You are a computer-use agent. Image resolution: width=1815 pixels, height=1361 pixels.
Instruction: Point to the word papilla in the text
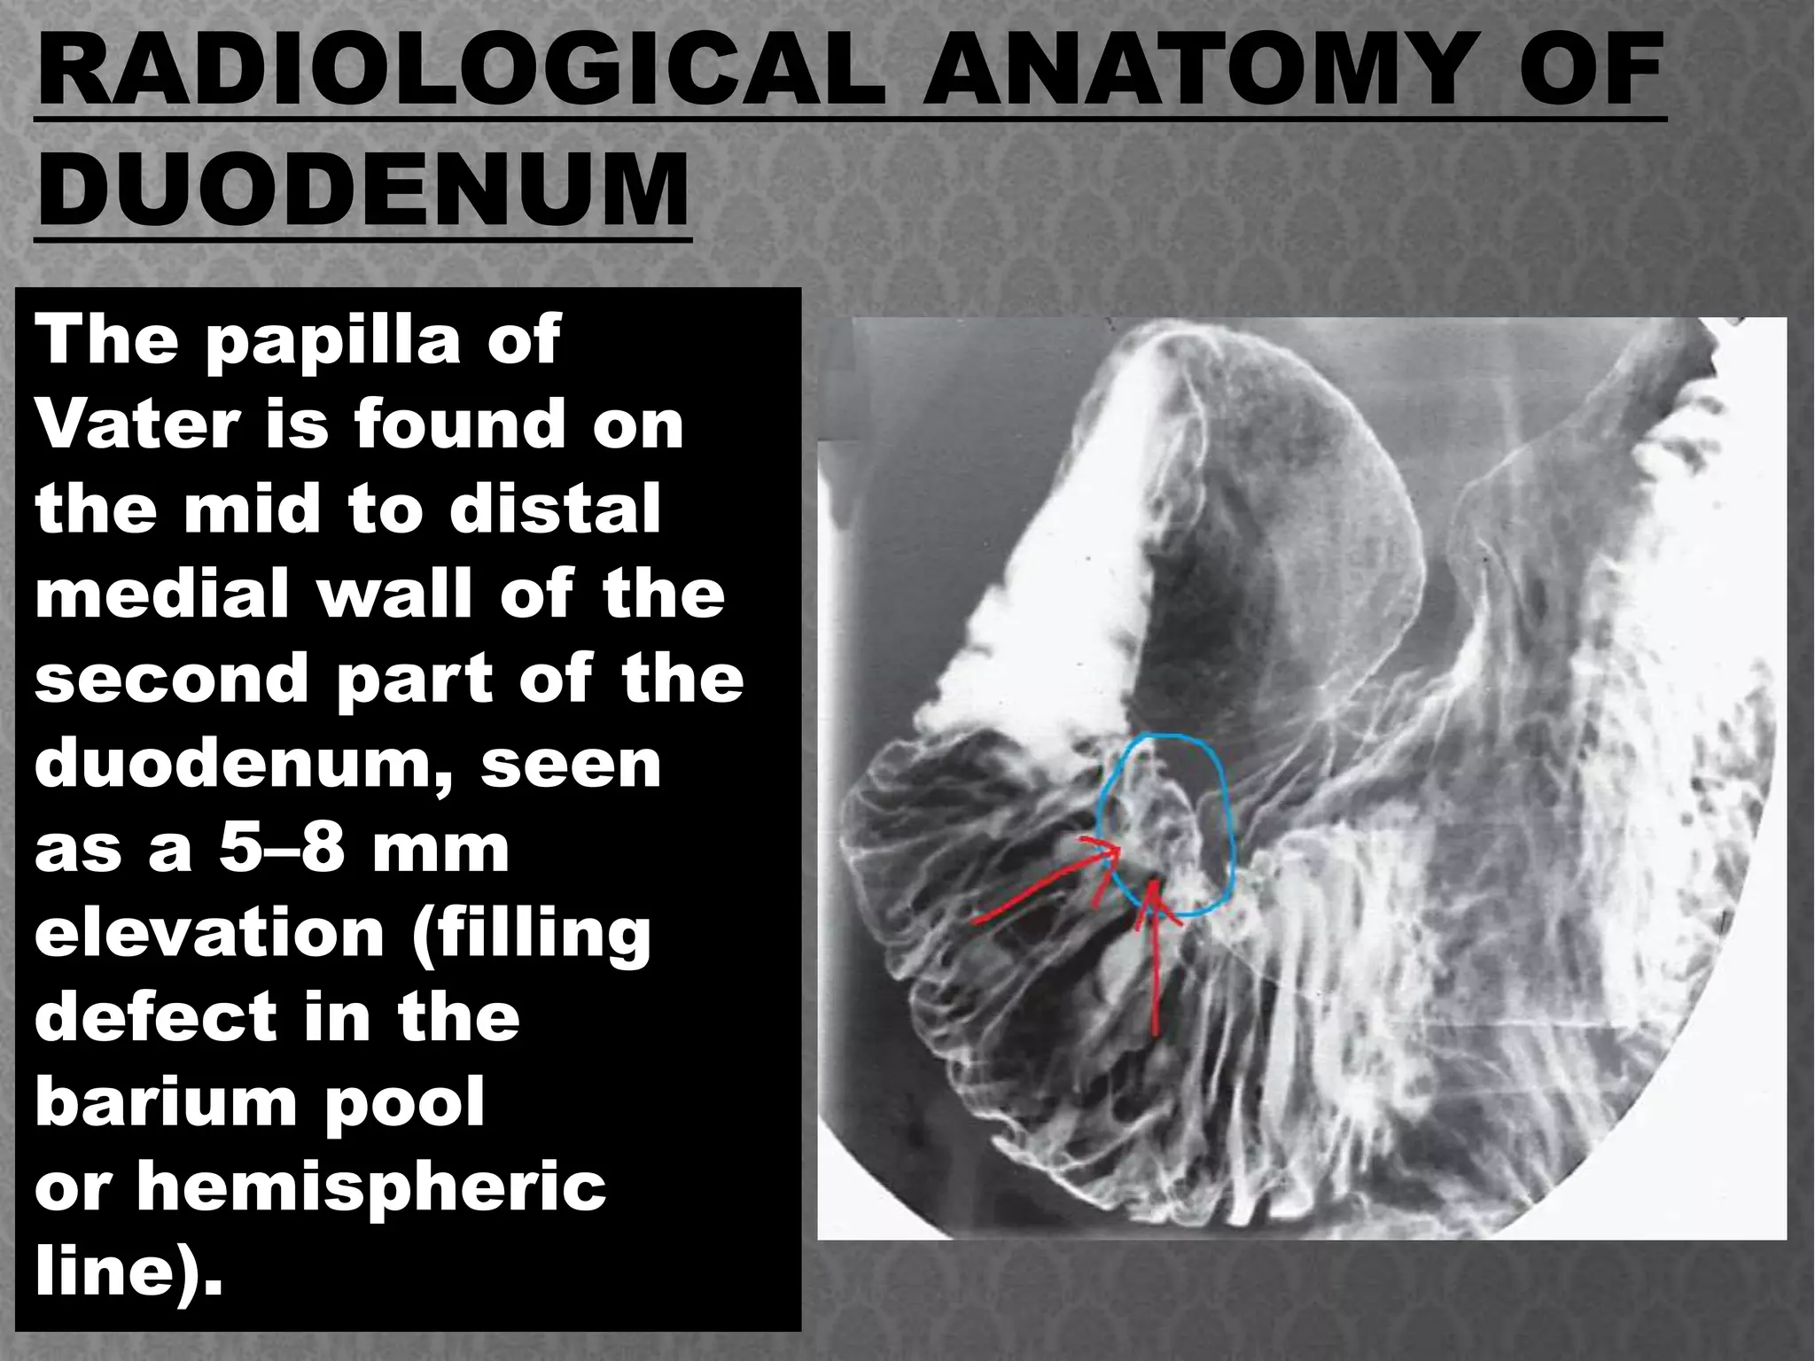tap(332, 341)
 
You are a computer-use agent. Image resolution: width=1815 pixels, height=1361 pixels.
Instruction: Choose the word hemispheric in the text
tap(370, 1186)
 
